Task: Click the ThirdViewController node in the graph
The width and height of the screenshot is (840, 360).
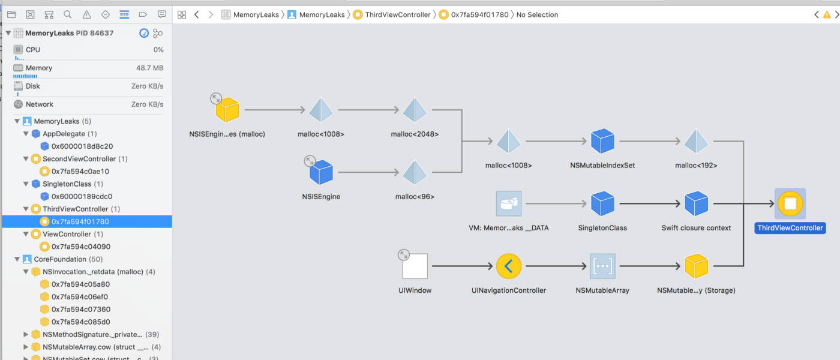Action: pyautogui.click(x=790, y=204)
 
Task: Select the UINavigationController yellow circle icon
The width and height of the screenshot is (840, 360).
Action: pyautogui.click(x=509, y=266)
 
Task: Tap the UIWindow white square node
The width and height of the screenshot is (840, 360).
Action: pyautogui.click(x=415, y=266)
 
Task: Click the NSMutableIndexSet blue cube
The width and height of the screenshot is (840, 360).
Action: pyautogui.click(x=602, y=142)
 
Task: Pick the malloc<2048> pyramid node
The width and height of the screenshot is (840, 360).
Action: pyautogui.click(x=415, y=110)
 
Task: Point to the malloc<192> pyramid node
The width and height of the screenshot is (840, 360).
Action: pyautogui.click(x=696, y=142)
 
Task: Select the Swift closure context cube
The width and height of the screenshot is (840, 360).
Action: pyautogui.click(x=696, y=204)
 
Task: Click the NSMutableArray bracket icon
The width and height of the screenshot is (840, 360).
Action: pyautogui.click(x=602, y=266)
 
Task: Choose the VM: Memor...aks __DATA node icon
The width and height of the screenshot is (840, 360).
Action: pyautogui.click(x=509, y=204)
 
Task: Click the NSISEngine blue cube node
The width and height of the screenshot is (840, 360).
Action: pyautogui.click(x=321, y=173)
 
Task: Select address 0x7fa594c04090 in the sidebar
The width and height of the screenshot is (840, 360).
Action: pyautogui.click(x=80, y=247)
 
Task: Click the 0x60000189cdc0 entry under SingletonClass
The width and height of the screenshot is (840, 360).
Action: pyautogui.click(x=82, y=196)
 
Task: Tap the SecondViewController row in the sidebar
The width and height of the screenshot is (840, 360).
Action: pyautogui.click(x=79, y=159)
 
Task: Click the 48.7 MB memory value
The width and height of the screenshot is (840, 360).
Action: pyautogui.click(x=149, y=68)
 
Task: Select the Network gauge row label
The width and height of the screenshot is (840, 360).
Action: pyautogui.click(x=40, y=104)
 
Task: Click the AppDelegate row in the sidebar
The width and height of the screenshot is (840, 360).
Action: pyautogui.click(x=64, y=134)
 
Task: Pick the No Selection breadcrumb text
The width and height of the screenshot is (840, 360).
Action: pyautogui.click(x=537, y=14)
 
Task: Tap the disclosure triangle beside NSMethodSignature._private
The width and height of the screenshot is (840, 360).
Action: pyautogui.click(x=26, y=334)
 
